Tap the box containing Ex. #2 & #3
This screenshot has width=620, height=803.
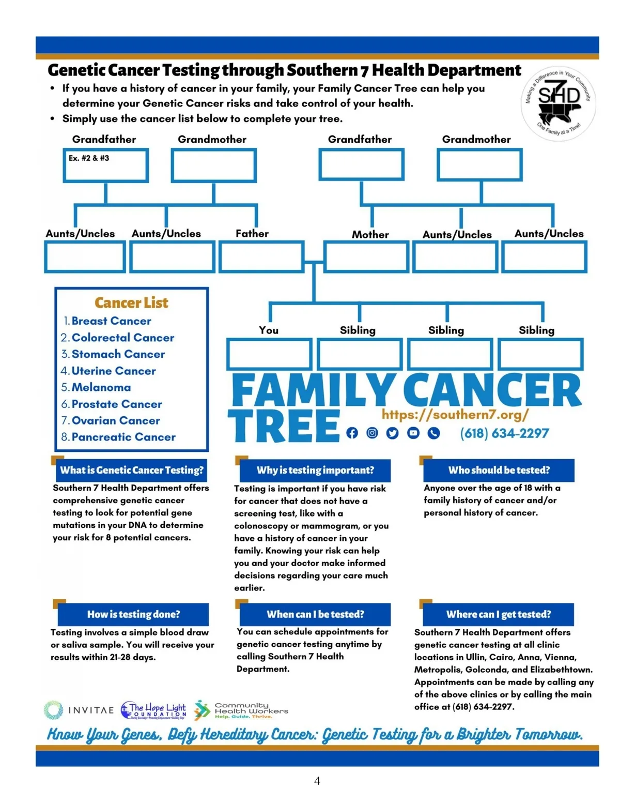tap(106, 165)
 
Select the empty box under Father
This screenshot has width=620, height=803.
tap(261, 257)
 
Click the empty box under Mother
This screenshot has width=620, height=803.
tap(366, 257)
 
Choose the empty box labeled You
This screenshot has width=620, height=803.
tap(269, 354)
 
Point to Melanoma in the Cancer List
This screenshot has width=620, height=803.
tap(101, 387)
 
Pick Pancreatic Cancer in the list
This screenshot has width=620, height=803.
tap(123, 437)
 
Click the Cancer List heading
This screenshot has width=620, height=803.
tap(131, 302)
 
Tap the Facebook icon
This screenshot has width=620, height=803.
tap(352, 433)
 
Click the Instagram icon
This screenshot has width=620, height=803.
tap(372, 433)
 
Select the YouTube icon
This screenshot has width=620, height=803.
tap(413, 433)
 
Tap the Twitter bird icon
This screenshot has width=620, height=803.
tap(393, 433)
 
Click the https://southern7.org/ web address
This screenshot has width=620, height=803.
tap(455, 415)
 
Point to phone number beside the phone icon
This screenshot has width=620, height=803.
tap(504, 433)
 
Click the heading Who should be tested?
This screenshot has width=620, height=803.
tap(499, 470)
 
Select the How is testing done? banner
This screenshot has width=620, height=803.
tap(133, 614)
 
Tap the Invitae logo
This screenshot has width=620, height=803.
tap(79, 710)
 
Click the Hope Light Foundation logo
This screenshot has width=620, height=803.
tap(153, 710)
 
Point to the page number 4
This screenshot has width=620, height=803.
tap(317, 781)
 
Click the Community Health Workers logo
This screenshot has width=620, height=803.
tap(241, 710)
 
